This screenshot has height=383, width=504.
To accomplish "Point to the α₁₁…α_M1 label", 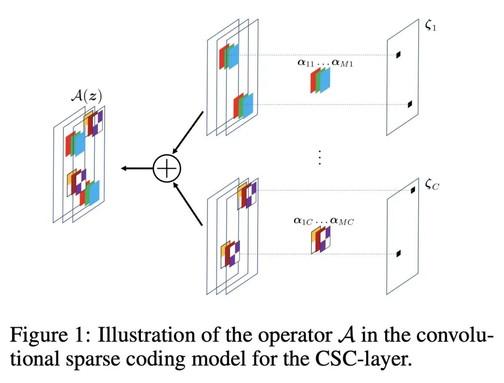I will [x=325, y=63].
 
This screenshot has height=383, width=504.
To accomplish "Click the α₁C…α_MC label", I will [x=323, y=220].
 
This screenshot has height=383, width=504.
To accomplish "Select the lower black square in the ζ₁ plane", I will [x=410, y=104].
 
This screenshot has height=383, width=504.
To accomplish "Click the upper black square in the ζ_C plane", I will [x=413, y=190].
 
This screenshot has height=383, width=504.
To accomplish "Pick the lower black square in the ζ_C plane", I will [x=398, y=254].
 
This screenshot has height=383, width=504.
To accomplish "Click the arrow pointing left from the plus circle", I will [x=135, y=168].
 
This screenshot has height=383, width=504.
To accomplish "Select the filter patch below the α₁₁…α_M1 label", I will [x=321, y=80].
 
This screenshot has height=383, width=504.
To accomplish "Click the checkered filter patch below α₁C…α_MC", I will [x=321, y=240].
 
